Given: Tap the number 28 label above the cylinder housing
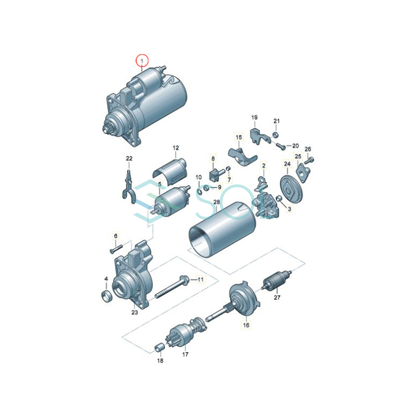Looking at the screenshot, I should (x=216, y=202).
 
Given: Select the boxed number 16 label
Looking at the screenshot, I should (x=246, y=325).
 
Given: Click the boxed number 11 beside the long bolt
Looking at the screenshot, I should (x=200, y=279).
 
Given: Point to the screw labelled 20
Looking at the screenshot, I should (x=281, y=146).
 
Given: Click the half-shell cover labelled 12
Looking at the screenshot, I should (x=170, y=171).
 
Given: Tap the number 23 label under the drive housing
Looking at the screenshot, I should (x=134, y=312).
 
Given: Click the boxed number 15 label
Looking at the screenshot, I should (x=239, y=137).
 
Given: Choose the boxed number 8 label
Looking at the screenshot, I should (x=213, y=158).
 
